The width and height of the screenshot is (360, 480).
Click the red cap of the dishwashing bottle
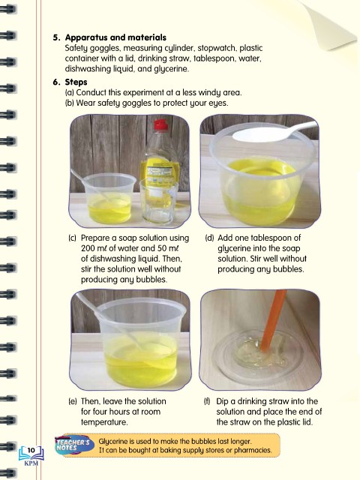pos(160,125)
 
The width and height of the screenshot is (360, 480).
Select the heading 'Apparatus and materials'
pos(115,37)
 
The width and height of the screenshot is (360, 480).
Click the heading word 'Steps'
pos(76,82)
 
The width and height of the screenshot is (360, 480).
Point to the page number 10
pos(31,450)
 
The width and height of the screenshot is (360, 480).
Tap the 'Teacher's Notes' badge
pos(73,445)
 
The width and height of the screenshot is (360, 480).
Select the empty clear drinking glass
pos(158,202)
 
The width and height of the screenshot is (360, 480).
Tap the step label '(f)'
pos(208,401)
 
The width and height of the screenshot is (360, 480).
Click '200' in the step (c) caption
pos(88,248)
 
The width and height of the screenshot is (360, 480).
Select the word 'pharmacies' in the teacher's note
pos(253,450)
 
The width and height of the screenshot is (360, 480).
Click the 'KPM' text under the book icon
pos(31,463)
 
